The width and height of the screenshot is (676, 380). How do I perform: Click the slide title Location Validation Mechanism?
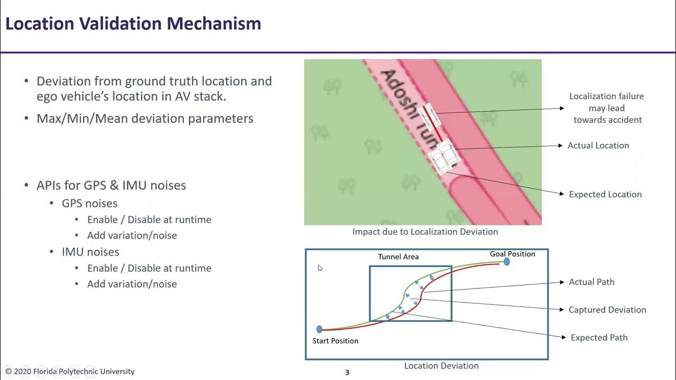click(x=133, y=24)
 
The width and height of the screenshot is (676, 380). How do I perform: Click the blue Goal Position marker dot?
click(x=506, y=262)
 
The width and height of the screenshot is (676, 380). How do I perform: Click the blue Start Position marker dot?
click(x=319, y=329)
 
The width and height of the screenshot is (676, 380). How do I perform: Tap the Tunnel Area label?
click(x=398, y=257)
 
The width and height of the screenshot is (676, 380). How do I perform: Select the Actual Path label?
click(x=591, y=282)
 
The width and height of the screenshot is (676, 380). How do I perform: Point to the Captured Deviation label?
click(x=607, y=310)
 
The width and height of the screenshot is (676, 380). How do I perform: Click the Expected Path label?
click(x=599, y=338)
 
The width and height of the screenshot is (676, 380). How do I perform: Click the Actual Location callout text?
click(x=598, y=146)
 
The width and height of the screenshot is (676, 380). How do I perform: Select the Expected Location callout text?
click(x=605, y=195)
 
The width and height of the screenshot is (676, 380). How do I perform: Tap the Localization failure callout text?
click(x=607, y=108)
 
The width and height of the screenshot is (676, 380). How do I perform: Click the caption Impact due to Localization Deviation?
click(x=425, y=232)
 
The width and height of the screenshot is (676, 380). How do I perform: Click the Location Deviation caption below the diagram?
click(x=442, y=366)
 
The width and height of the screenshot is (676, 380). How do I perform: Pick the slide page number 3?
click(x=347, y=373)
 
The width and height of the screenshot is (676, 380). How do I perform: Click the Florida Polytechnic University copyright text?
click(x=70, y=372)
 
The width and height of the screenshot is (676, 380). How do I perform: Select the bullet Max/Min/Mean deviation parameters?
click(x=145, y=119)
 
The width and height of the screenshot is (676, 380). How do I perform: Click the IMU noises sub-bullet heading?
click(x=90, y=252)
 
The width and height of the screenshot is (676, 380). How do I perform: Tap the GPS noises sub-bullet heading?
click(x=90, y=203)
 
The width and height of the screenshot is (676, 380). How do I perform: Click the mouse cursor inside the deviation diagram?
click(x=320, y=268)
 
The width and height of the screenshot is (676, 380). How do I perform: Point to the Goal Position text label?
click(x=512, y=254)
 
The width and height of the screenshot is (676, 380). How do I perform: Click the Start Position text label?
click(x=335, y=341)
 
